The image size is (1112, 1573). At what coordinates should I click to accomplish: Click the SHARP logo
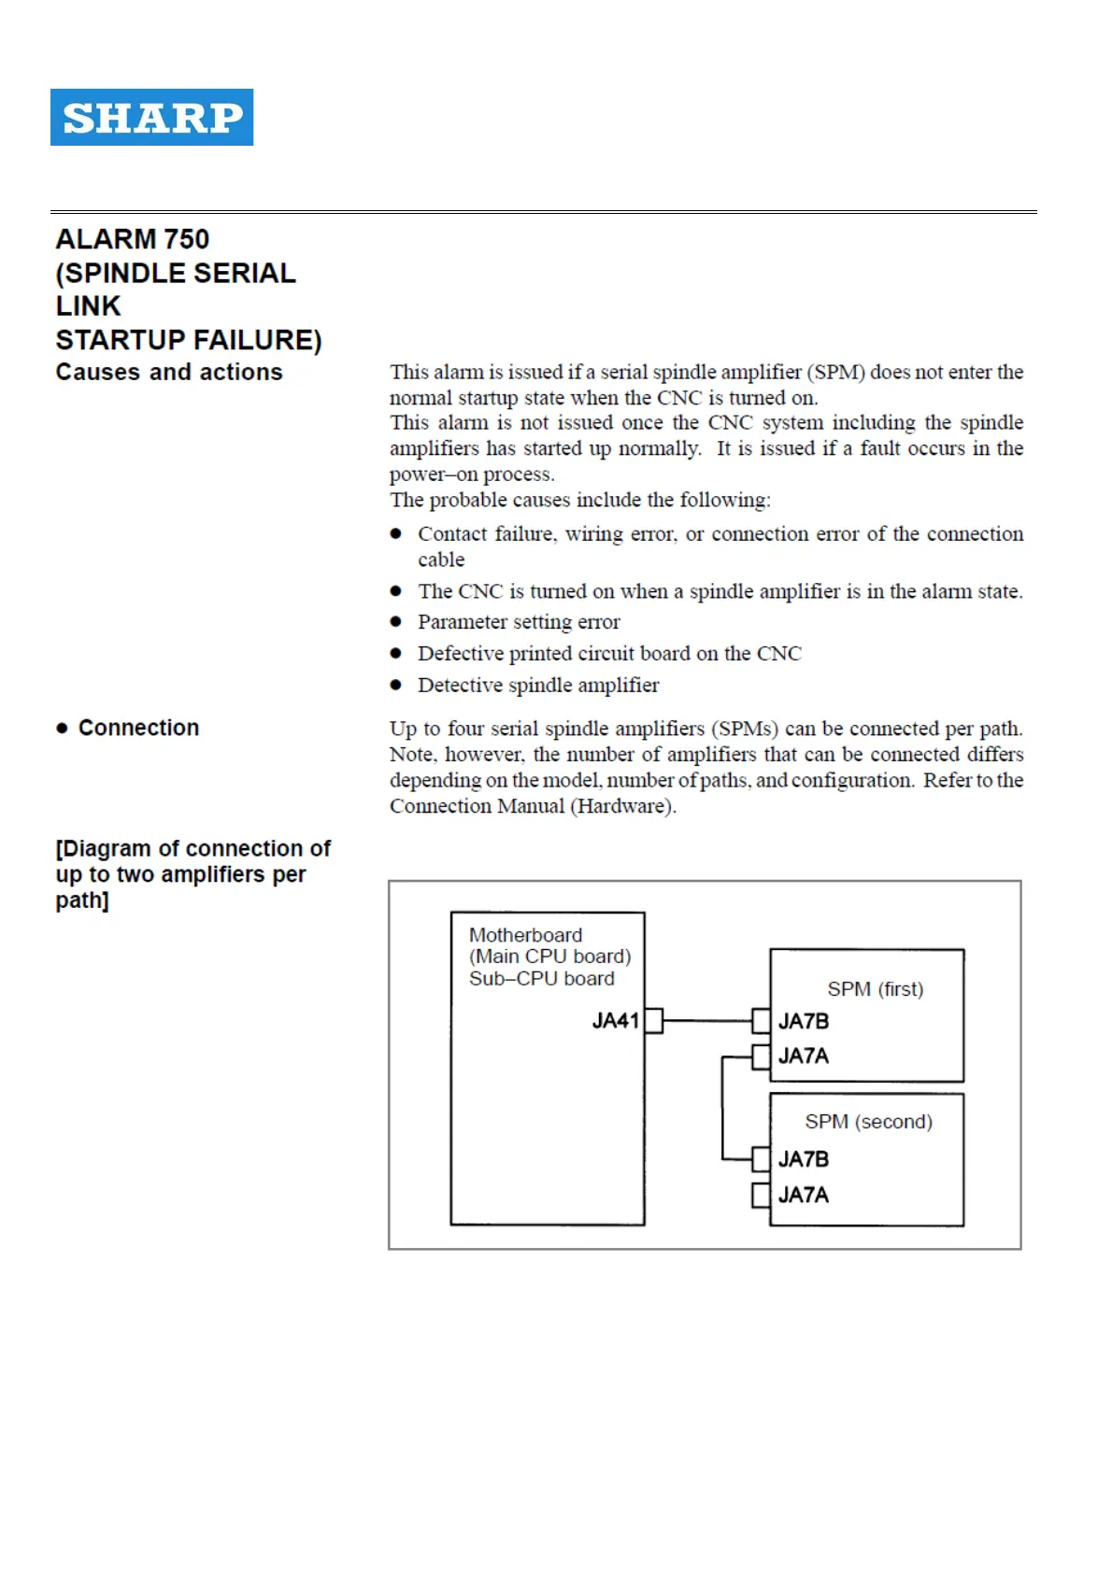point(151,117)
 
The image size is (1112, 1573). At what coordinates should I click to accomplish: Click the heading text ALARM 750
point(132,239)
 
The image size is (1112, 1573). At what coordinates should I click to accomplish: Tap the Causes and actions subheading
point(168,372)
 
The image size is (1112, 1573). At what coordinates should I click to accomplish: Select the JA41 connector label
point(615,1020)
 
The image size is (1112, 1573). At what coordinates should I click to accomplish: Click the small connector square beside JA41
point(654,1020)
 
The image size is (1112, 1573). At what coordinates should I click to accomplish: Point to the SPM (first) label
point(875,988)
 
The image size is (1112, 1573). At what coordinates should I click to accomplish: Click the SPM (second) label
point(868,1121)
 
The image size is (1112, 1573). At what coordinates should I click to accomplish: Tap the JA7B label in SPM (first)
point(804,1021)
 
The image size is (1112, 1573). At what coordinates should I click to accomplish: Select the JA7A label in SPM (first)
point(804,1056)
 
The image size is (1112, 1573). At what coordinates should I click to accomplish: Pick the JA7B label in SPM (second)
point(804,1159)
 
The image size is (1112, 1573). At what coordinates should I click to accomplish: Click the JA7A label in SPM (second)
point(804,1195)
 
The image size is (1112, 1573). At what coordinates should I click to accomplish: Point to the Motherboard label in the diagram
point(525,935)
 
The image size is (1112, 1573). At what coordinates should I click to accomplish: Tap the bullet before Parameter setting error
point(396,622)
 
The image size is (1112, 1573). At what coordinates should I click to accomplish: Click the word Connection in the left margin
point(138,728)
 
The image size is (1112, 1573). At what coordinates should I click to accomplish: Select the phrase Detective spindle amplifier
point(538,685)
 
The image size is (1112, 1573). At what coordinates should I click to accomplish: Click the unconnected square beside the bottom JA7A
point(761,1195)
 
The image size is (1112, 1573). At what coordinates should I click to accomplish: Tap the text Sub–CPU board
point(541,978)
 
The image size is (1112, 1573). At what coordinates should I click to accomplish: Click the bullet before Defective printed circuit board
point(396,654)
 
